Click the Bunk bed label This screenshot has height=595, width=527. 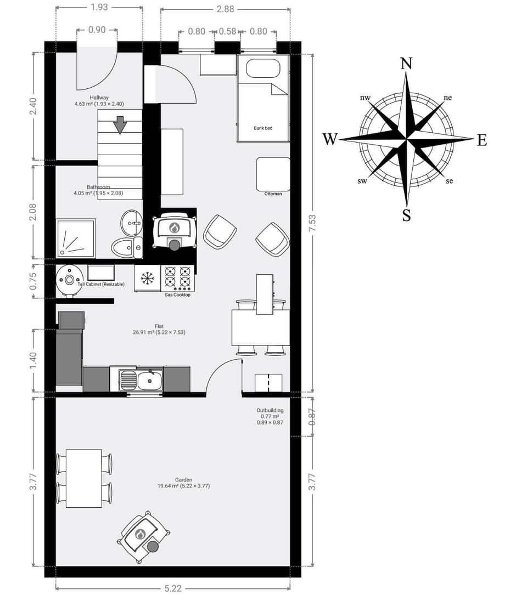coord(263,128)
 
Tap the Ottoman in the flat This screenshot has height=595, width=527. coord(273,174)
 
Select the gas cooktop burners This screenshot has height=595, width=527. coord(177,276)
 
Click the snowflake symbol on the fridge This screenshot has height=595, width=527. coord(147,278)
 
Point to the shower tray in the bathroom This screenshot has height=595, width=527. coord(76,238)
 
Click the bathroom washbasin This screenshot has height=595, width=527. coord(132,223)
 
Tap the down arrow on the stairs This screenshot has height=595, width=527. coord(120,125)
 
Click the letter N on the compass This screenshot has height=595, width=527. coord(407,64)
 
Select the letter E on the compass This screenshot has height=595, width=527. coord(482,140)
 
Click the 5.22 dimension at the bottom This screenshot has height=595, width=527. coord(173,588)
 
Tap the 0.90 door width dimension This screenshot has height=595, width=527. coord(97,30)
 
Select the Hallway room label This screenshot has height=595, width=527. coord(99,98)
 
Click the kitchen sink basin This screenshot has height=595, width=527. coord(150,381)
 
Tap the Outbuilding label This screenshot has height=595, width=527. coord(270,410)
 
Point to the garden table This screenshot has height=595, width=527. coord(84,478)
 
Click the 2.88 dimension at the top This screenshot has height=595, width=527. coord(225,9)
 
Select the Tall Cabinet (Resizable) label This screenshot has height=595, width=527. coord(101,284)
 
